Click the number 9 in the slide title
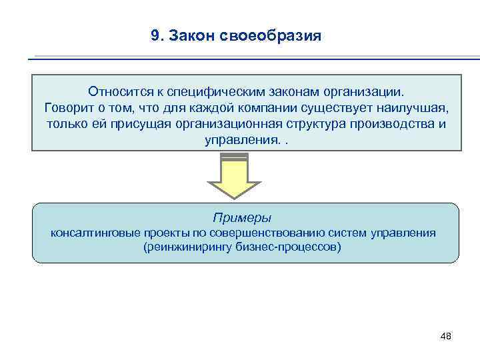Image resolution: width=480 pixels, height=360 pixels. click(155, 35)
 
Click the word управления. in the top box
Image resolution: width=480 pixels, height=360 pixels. click(242, 141)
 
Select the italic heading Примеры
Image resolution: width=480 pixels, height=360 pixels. click(242, 218)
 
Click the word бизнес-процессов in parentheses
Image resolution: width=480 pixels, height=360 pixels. click(293, 247)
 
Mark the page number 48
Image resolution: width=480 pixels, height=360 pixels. click(445, 336)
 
